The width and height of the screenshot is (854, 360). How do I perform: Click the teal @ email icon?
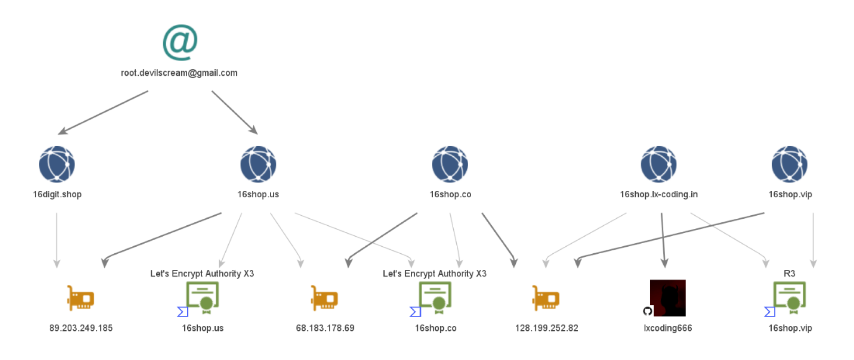[180, 42]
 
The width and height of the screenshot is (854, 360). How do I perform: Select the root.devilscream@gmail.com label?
[179, 73]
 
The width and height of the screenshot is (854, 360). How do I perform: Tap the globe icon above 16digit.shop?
[57, 164]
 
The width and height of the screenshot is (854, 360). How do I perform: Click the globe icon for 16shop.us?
[258, 164]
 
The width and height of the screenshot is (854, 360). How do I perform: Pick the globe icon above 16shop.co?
[450, 164]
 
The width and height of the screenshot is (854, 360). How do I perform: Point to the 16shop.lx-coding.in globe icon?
[658, 164]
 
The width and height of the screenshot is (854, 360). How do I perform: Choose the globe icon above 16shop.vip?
[789, 164]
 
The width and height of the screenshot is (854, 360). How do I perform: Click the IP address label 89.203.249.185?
[81, 328]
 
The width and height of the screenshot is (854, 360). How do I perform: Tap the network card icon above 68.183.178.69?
[324, 298]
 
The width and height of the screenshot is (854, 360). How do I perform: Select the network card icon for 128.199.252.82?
[546, 298]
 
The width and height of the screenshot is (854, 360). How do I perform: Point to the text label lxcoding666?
[668, 328]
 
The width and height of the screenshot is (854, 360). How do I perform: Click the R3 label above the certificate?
[789, 274]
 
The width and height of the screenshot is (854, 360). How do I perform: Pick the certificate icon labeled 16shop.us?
[203, 297]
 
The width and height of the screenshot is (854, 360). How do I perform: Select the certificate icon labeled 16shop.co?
[435, 297]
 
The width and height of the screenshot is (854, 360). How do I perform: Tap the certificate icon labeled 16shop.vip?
[790, 297]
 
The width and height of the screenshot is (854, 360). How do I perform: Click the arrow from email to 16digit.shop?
[103, 112]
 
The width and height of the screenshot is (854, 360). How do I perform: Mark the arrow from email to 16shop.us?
[234, 112]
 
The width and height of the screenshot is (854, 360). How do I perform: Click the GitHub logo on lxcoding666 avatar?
[647, 311]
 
